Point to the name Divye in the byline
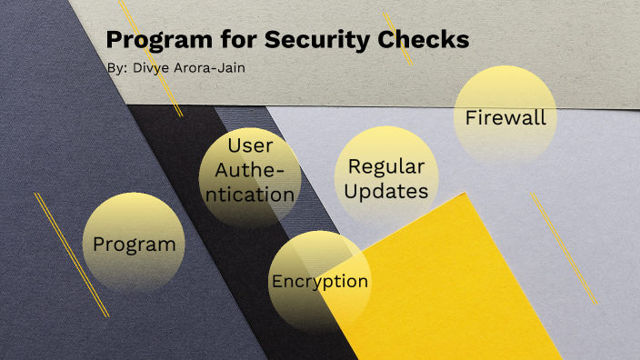(151, 68)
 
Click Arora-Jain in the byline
(211, 68)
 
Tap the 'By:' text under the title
(116, 68)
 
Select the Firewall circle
(505, 116)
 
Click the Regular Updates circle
(386, 178)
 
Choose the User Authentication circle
(249, 178)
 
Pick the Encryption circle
(319, 279)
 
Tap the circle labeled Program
(134, 244)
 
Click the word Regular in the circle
(386, 166)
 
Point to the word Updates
(386, 191)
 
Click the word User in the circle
(250, 145)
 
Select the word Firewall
(505, 117)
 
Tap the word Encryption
(319, 281)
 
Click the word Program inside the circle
(134, 245)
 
